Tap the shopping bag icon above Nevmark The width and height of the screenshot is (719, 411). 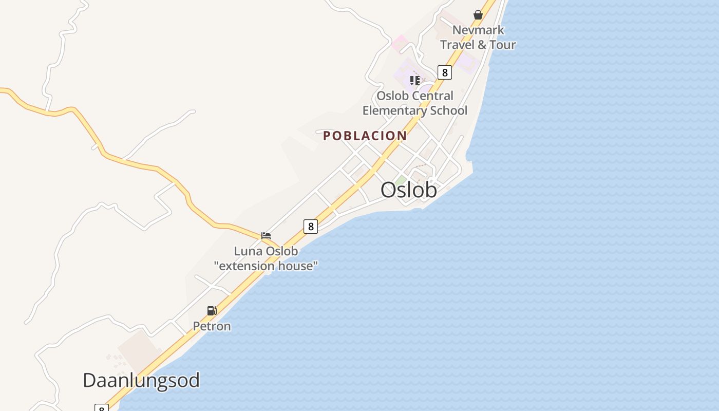pos(478,15)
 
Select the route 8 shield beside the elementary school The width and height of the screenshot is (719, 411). pos(444,72)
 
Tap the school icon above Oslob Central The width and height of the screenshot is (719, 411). pos(415,80)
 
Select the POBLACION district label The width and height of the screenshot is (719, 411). pos(365,136)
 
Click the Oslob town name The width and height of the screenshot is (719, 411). pos(409,190)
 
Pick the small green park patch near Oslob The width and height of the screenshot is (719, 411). pos(400,180)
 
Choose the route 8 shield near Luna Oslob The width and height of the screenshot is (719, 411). pos(310,226)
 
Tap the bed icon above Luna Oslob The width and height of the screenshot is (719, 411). pos(266,236)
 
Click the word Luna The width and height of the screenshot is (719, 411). pos(245,251)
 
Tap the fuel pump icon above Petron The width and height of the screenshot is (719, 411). pos(212,311)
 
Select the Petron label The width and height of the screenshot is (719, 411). pos(212,326)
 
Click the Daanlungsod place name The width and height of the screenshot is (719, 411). pos(141,381)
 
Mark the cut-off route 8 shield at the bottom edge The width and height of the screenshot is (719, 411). pos(102,408)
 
